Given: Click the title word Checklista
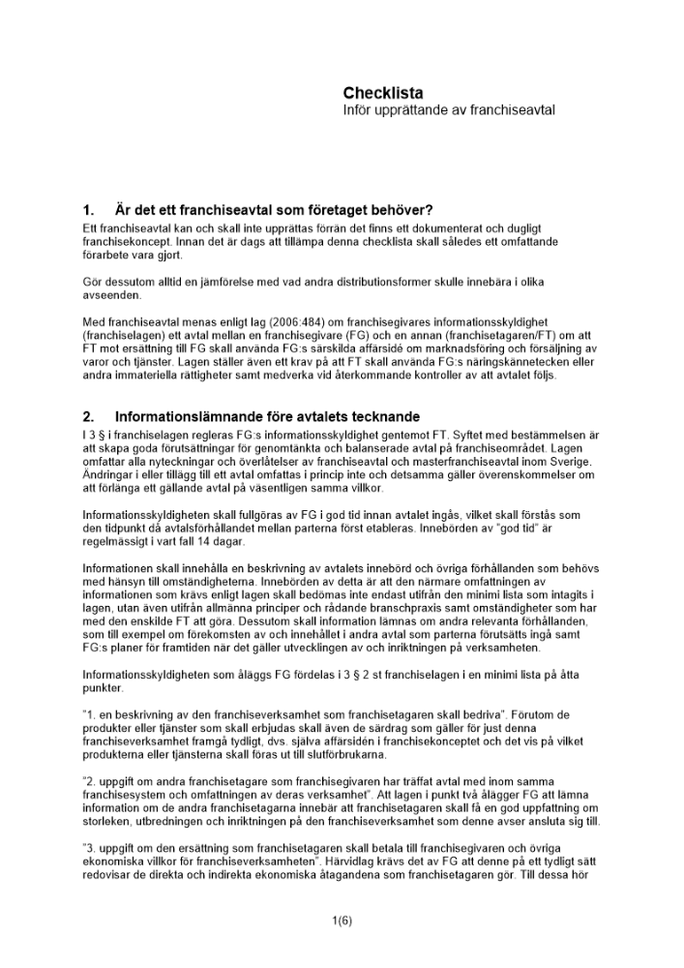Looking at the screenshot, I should (x=383, y=93).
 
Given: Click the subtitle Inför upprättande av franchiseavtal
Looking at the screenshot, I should (x=448, y=111).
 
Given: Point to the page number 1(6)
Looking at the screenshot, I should (x=342, y=920).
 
